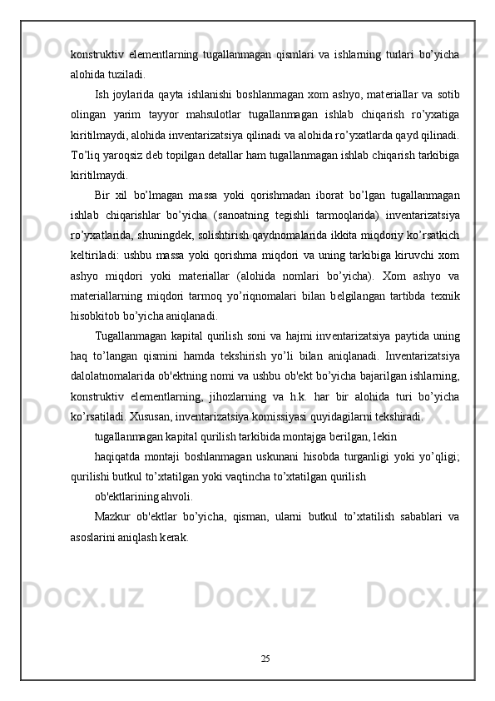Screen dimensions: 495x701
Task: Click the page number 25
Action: [x=265, y=659]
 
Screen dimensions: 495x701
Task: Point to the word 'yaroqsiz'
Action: [x=128, y=155]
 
